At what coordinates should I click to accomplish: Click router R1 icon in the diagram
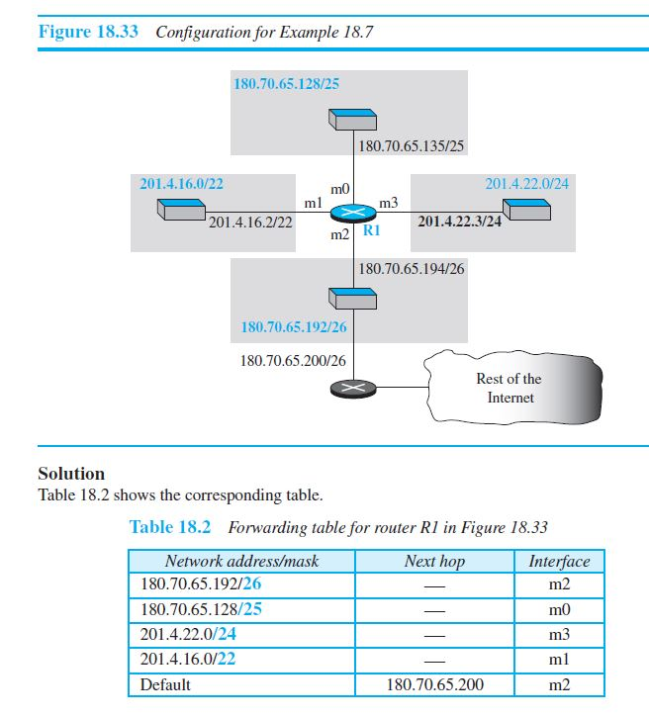pyautogui.click(x=353, y=215)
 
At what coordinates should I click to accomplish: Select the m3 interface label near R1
pyautogui.click(x=389, y=204)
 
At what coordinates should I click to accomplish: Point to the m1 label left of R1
pyautogui.click(x=315, y=203)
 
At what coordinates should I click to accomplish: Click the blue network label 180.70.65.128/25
pyautogui.click(x=286, y=83)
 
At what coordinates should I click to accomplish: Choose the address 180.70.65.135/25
pyautogui.click(x=412, y=146)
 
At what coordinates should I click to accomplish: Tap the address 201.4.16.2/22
pyautogui.click(x=251, y=223)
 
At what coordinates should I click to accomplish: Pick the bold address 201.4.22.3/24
pyautogui.click(x=460, y=222)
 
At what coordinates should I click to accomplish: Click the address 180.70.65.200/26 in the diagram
pyautogui.click(x=293, y=360)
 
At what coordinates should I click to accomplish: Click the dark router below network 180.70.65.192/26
pyautogui.click(x=353, y=389)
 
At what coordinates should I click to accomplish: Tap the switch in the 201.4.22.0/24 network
pyautogui.click(x=524, y=210)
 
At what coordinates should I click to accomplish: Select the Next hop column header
pyautogui.click(x=434, y=562)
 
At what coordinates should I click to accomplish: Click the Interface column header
pyautogui.click(x=559, y=562)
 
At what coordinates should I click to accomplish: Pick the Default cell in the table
pyautogui.click(x=166, y=683)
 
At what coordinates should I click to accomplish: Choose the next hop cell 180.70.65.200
pyautogui.click(x=434, y=683)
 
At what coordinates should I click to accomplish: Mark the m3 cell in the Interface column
pyautogui.click(x=559, y=635)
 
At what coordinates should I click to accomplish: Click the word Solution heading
pyautogui.click(x=71, y=474)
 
